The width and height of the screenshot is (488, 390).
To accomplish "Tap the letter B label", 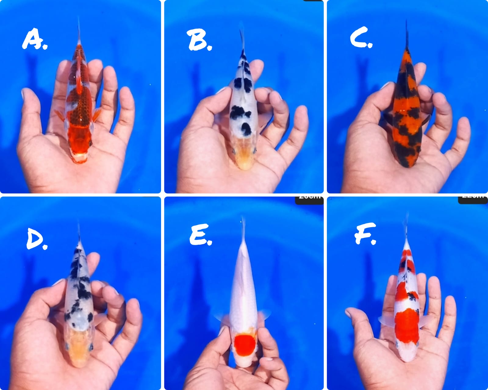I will (x=199, y=41).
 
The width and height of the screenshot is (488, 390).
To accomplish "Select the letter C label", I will (x=361, y=39).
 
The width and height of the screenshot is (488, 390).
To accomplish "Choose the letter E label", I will (x=200, y=235).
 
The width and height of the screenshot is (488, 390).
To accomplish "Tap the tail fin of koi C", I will (x=407, y=34).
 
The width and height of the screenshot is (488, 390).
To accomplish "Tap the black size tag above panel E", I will (x=309, y=199).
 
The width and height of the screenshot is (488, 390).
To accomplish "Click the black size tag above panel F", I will (x=473, y=199).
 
